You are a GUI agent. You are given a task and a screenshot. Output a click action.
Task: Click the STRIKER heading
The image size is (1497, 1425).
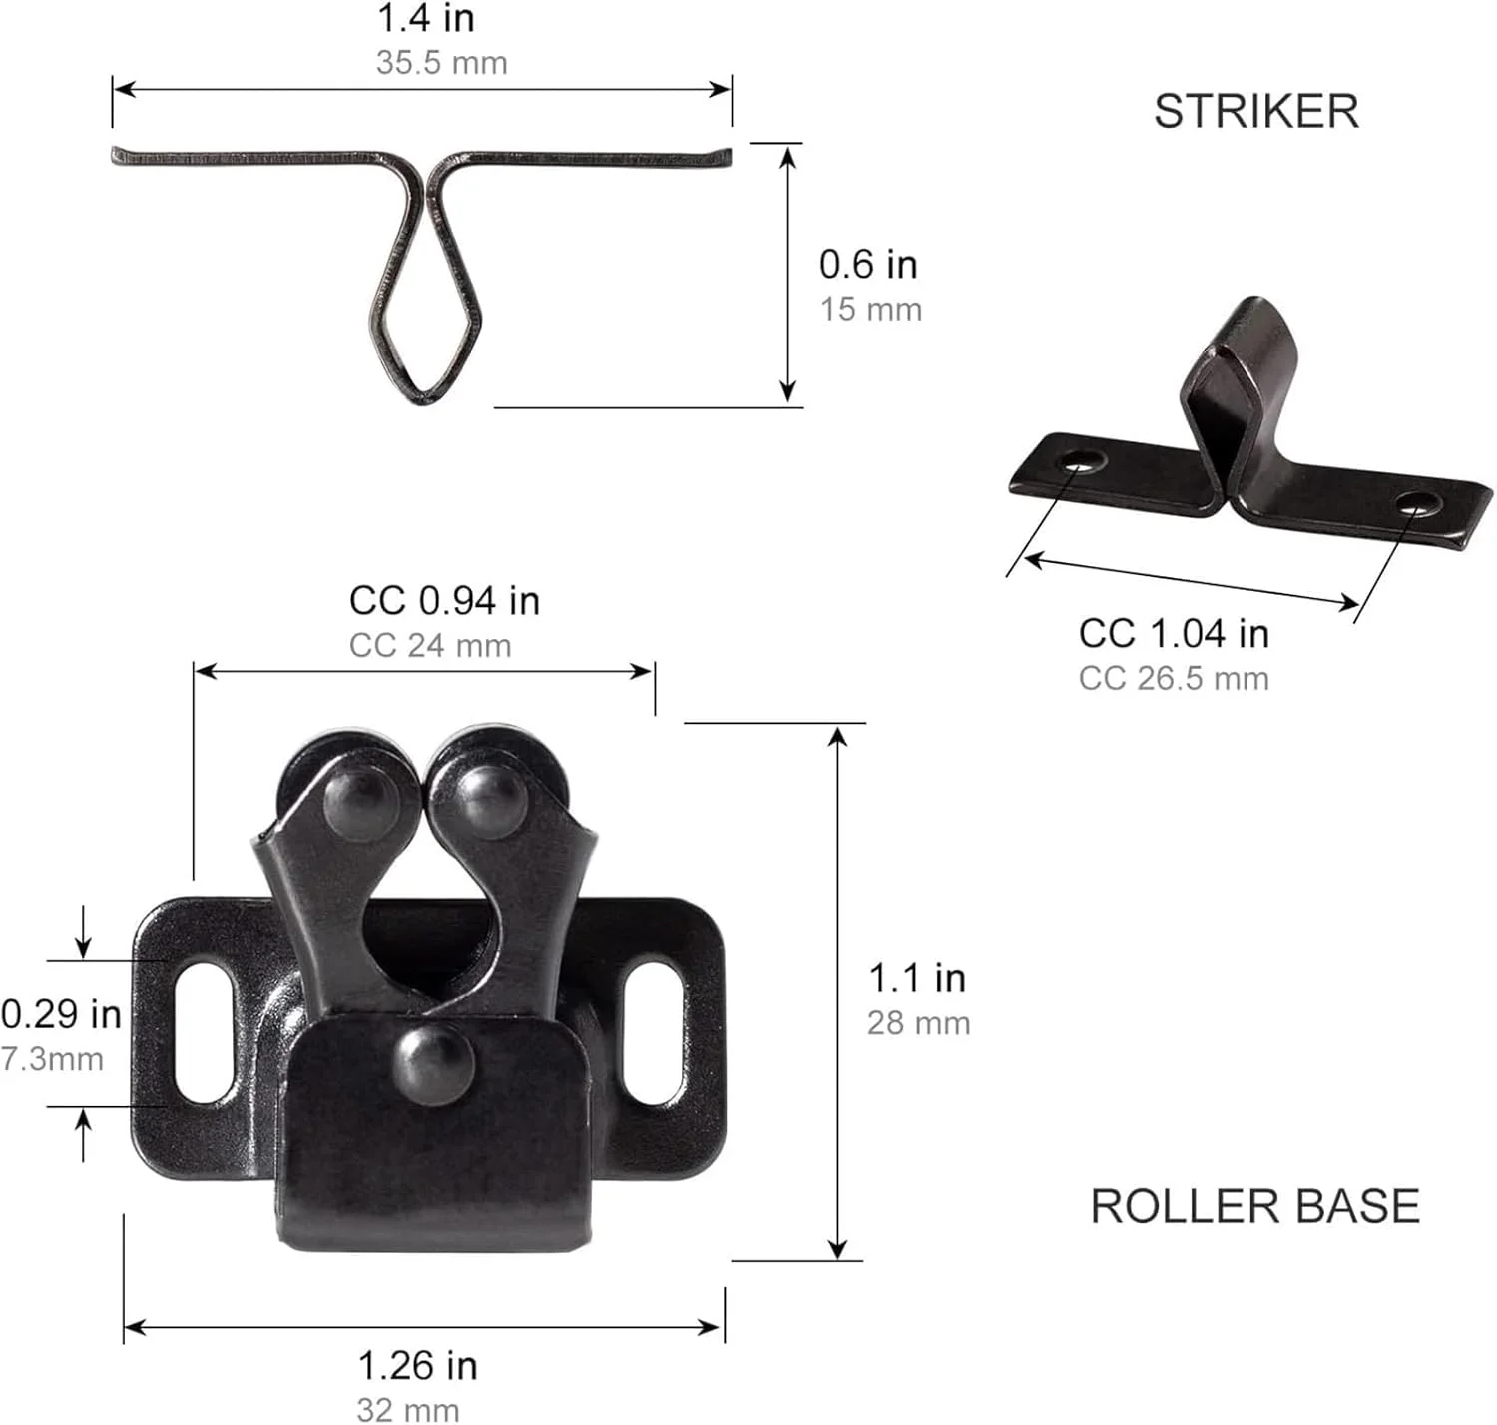tap(1255, 111)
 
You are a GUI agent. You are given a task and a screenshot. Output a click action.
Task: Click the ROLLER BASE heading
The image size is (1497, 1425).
tap(1254, 1206)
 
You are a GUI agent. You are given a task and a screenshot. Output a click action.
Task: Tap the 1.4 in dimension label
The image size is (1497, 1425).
tap(426, 18)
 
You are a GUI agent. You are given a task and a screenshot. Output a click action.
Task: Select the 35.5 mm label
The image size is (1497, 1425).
tap(442, 63)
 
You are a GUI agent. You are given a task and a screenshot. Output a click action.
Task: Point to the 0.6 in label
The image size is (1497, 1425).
tap(869, 265)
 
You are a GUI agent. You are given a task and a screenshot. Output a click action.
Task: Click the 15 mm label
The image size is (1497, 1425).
tap(871, 310)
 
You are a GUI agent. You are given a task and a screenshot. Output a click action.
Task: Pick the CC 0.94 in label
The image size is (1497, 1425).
tap(445, 600)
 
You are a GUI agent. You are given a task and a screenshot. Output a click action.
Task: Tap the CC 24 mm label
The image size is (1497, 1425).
tap(430, 645)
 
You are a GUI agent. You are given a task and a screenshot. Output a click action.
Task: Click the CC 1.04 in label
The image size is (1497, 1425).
tap(1175, 633)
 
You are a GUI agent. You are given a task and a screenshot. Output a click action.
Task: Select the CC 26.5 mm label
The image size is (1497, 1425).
tap(1175, 678)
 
